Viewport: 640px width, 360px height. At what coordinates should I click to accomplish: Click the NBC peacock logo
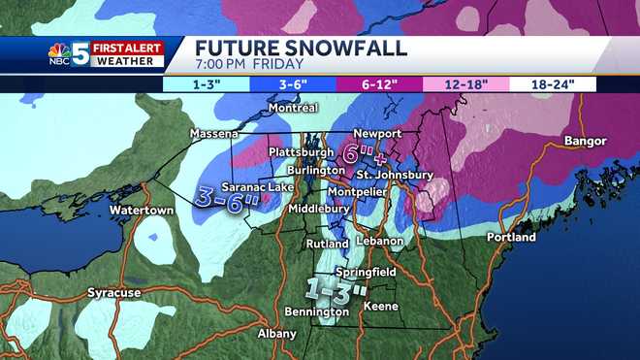point(59,54)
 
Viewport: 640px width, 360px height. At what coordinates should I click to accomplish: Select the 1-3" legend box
point(207,84)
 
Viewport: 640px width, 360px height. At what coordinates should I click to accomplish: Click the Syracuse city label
point(114,291)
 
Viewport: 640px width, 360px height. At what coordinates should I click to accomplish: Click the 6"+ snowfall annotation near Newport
point(361,153)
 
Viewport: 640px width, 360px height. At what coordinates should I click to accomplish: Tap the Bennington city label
point(317,311)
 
